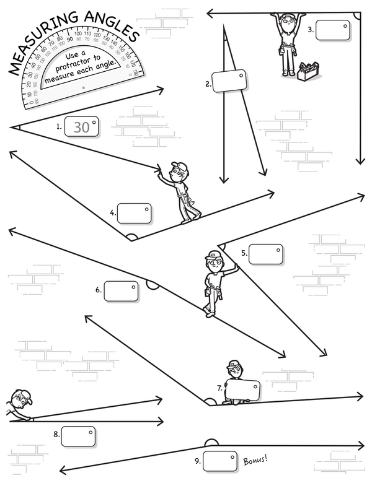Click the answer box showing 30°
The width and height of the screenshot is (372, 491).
pos(84,127)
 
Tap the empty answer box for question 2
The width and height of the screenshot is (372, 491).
pos(229,81)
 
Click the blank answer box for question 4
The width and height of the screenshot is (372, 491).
pos(135,214)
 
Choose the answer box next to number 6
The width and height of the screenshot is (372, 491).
pos(121,291)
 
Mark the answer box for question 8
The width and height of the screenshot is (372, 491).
pos(78,435)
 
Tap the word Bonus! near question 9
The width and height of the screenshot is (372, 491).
pos(255,461)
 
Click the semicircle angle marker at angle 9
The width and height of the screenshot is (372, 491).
pos(211,441)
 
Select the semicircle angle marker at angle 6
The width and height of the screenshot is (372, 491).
pos(152,284)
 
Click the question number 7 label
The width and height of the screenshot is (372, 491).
pos(219,389)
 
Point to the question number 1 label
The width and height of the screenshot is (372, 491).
pos(59,127)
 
